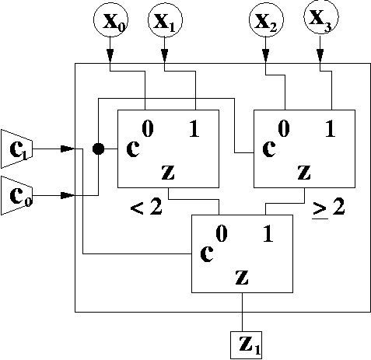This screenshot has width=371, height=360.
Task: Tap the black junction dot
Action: (x=98, y=149)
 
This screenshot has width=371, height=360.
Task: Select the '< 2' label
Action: (x=146, y=208)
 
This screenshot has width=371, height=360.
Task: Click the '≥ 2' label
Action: (x=329, y=208)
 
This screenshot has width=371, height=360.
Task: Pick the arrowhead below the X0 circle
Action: (x=110, y=56)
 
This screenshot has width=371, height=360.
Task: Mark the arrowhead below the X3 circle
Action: (x=320, y=56)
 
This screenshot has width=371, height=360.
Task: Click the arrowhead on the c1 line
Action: (x=68, y=149)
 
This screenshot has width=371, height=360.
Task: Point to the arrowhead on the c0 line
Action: (x=68, y=195)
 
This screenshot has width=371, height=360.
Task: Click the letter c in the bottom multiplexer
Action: (x=207, y=253)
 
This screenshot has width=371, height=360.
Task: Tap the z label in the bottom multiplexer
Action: (x=242, y=277)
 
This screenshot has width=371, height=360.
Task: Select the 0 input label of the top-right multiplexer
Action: (x=284, y=129)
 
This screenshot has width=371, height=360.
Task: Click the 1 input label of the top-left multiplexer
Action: (x=194, y=129)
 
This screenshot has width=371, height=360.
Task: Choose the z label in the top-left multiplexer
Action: (x=168, y=172)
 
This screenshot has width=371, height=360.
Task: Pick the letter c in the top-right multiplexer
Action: (x=269, y=149)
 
